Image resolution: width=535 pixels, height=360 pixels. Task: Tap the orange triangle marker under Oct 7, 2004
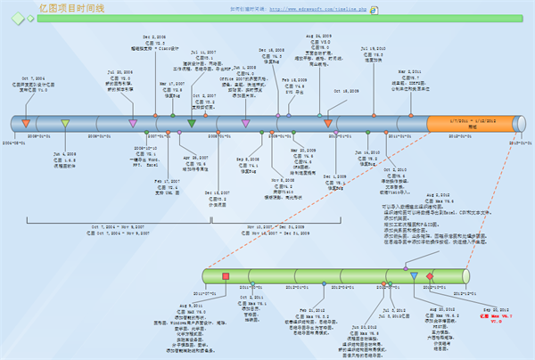[26, 122]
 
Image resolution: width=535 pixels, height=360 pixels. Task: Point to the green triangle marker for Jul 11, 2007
[192, 123]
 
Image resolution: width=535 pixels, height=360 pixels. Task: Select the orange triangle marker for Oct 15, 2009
[329, 123]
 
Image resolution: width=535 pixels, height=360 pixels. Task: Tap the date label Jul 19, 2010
[374, 47]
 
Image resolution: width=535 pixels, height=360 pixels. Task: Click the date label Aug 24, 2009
[319, 37]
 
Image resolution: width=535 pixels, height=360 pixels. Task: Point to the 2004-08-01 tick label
[13, 142]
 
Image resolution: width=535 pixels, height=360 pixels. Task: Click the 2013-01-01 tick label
[519, 142]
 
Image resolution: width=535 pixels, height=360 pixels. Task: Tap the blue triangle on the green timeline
[415, 276]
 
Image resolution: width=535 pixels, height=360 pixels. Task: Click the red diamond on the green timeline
[430, 276]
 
